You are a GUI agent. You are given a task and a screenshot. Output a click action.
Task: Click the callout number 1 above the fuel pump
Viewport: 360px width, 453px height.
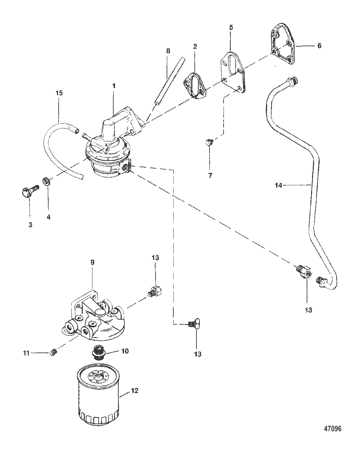(x=114, y=86)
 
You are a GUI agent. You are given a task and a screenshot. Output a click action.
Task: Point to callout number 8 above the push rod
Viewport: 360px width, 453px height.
(x=168, y=51)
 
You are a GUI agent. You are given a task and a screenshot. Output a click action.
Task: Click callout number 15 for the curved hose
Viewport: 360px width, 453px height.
(x=59, y=93)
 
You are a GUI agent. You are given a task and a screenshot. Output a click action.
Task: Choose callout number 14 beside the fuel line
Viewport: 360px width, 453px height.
(x=278, y=185)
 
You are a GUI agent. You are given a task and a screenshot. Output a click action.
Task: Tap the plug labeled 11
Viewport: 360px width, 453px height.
(x=53, y=352)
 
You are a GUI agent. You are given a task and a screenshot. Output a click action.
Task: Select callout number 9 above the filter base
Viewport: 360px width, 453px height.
(x=93, y=262)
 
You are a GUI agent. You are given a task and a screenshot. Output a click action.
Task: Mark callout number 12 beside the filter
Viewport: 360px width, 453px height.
(x=135, y=391)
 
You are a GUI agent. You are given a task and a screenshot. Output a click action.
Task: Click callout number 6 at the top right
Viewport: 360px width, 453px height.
(x=319, y=46)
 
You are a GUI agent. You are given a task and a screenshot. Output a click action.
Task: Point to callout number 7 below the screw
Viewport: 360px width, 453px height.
(x=210, y=175)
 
